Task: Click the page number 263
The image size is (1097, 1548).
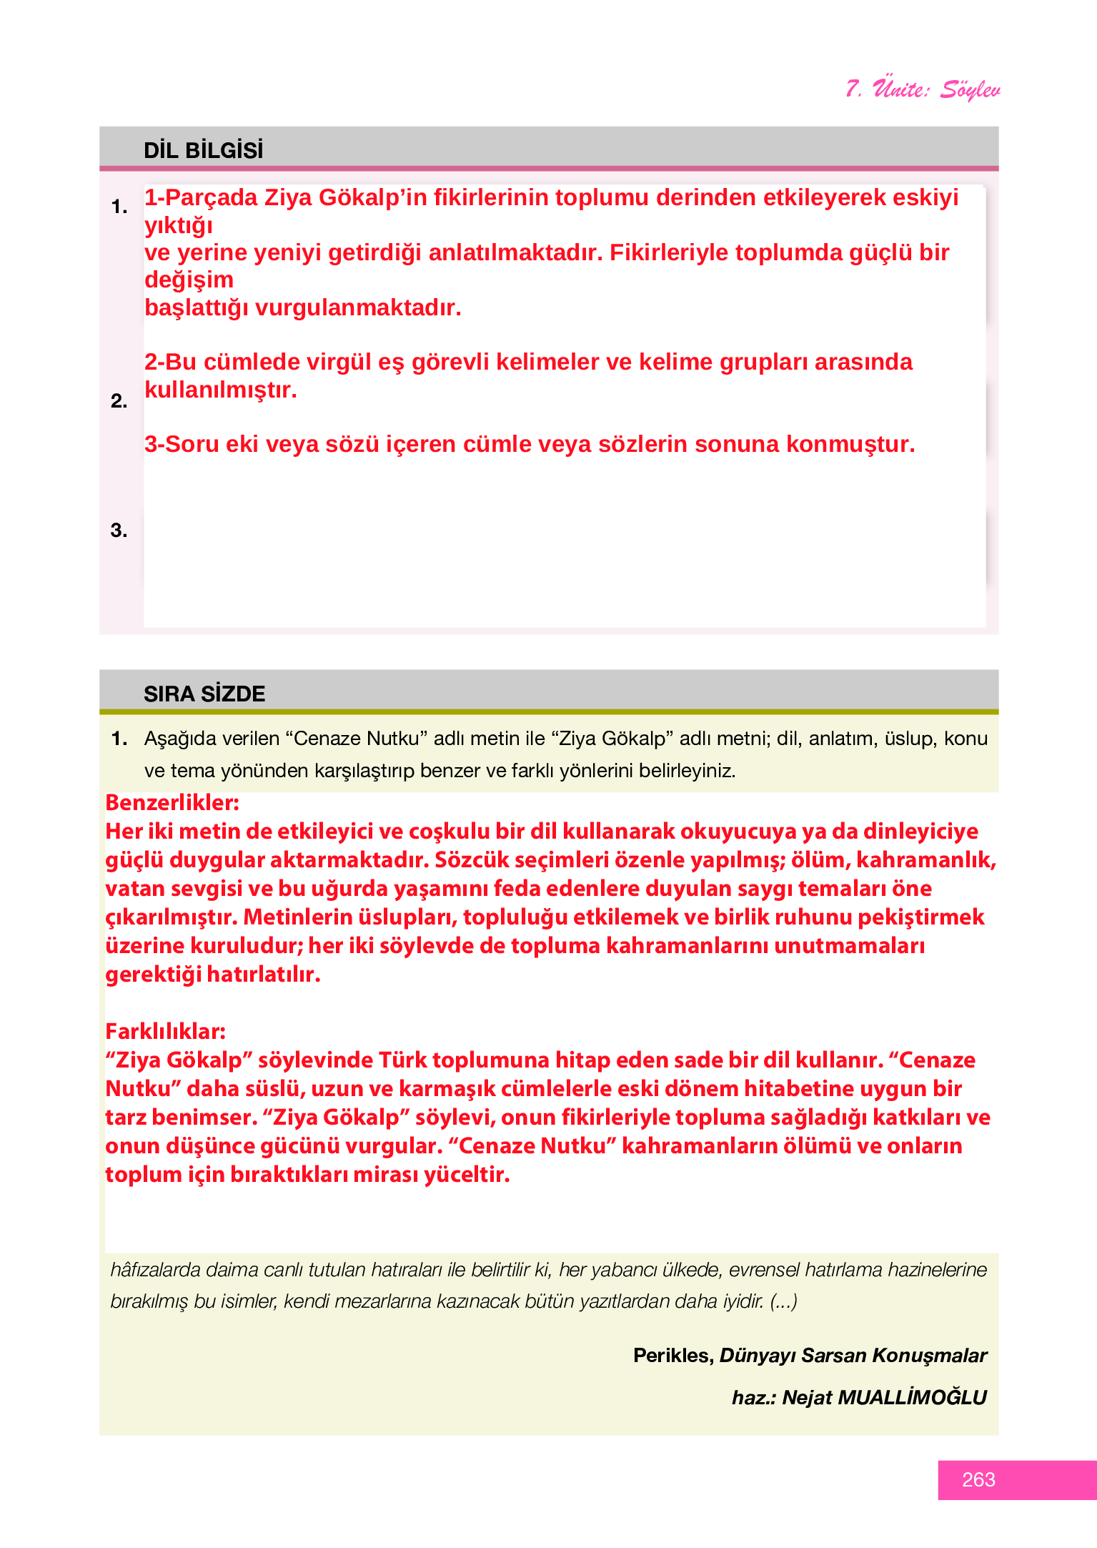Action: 978,1479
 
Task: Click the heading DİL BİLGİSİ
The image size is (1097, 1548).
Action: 203,150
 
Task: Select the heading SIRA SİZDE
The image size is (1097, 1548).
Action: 204,694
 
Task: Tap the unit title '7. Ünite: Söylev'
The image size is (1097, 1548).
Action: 922,89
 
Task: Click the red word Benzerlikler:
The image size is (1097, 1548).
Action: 172,802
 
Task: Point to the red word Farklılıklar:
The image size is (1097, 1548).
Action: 165,1031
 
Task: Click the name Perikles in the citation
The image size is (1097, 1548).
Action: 672,1355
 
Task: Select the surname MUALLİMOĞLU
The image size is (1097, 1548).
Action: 912,1397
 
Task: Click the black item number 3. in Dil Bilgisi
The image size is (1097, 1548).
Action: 119,530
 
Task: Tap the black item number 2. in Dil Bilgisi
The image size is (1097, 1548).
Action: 119,401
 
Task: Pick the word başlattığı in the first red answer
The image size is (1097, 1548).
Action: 197,307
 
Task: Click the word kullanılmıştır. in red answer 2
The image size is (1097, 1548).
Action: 220,390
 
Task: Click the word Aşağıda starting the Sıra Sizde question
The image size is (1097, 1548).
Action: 176,739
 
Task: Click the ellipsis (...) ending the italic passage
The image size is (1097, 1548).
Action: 783,1301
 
